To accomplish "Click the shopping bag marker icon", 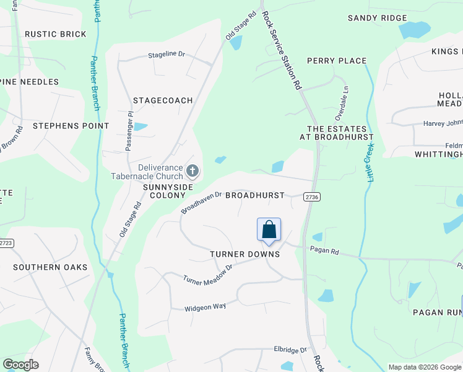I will [x=269, y=230].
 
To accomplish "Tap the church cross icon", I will [x=193, y=170].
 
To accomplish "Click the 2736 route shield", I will [x=312, y=197].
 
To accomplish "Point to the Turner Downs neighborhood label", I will [x=244, y=254].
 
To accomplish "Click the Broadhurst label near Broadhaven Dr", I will [x=254, y=195].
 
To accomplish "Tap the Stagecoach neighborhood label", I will [x=163, y=100].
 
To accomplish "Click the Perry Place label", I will [x=337, y=61].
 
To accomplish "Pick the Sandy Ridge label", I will [x=377, y=18].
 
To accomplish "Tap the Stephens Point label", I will [x=71, y=126].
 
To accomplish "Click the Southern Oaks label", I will [x=50, y=267].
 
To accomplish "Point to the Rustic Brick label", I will [x=55, y=34].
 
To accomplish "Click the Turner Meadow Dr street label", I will [x=207, y=274].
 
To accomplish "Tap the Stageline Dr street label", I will [x=167, y=55].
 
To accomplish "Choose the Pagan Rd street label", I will [x=326, y=252].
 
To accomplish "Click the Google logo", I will [x=21, y=365].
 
